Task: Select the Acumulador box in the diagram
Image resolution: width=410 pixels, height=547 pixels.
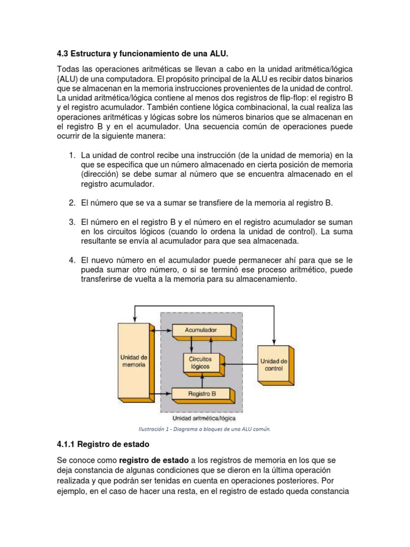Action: pyautogui.click(x=200, y=331)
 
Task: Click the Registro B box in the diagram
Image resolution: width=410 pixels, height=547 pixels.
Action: pyautogui.click(x=201, y=394)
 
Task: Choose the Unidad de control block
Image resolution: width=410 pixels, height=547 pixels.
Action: pyautogui.click(x=274, y=365)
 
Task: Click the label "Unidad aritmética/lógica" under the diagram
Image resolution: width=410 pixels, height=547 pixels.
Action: pyautogui.click(x=201, y=418)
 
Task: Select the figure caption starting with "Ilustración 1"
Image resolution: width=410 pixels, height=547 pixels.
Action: pyautogui.click(x=205, y=428)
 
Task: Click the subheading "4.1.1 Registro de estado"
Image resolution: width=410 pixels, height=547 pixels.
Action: pyautogui.click(x=103, y=444)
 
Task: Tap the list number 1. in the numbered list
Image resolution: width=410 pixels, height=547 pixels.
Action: pyautogui.click(x=72, y=155)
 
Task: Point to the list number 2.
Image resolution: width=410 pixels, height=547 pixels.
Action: pyautogui.click(x=72, y=203)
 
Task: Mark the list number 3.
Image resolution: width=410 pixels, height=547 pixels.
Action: pyautogui.click(x=72, y=222)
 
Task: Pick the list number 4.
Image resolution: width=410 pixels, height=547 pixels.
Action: pyautogui.click(x=72, y=260)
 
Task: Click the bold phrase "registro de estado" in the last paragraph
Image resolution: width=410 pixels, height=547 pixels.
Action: pyautogui.click(x=154, y=460)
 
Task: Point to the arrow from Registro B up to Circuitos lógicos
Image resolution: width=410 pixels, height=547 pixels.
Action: pyautogui.click(x=202, y=380)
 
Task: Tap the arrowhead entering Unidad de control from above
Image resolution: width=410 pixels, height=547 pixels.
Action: pyautogui.click(x=274, y=342)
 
